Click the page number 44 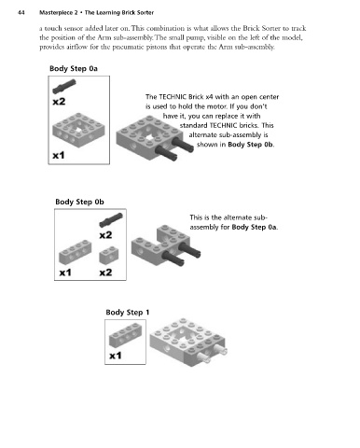click(x=21, y=13)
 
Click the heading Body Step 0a click(x=74, y=68)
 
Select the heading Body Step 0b click(x=79, y=202)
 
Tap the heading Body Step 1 click(x=128, y=313)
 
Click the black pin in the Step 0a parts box click(x=64, y=87)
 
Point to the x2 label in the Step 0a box click(x=59, y=102)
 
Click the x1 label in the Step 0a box click(x=58, y=155)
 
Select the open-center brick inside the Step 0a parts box click(x=78, y=130)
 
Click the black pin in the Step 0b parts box click(x=111, y=220)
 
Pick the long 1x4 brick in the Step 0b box click(x=76, y=252)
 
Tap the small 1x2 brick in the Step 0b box click(x=109, y=256)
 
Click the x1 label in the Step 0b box click(x=65, y=273)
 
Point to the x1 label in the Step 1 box click(x=116, y=356)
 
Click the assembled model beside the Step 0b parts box click(x=166, y=245)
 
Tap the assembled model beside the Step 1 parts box click(x=188, y=342)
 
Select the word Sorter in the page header click(x=145, y=13)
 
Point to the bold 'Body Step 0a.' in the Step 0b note click(x=255, y=227)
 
